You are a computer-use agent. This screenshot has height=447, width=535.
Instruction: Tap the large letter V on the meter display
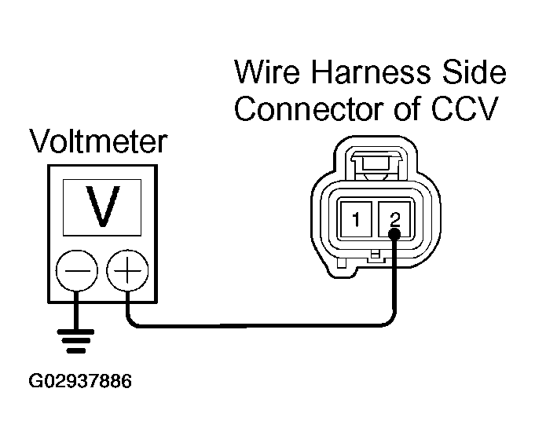[102, 207]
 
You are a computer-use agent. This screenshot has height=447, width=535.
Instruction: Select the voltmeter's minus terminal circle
[75, 273]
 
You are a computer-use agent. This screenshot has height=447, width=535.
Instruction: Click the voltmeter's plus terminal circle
[126, 273]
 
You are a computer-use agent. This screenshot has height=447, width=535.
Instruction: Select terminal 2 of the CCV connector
[395, 219]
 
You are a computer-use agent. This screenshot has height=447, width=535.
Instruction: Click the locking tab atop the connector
[376, 165]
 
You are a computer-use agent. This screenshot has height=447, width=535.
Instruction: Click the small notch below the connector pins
[376, 255]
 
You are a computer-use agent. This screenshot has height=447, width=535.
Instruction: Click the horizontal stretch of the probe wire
[259, 324]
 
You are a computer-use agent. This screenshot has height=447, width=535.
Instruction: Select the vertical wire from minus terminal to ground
[75, 310]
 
